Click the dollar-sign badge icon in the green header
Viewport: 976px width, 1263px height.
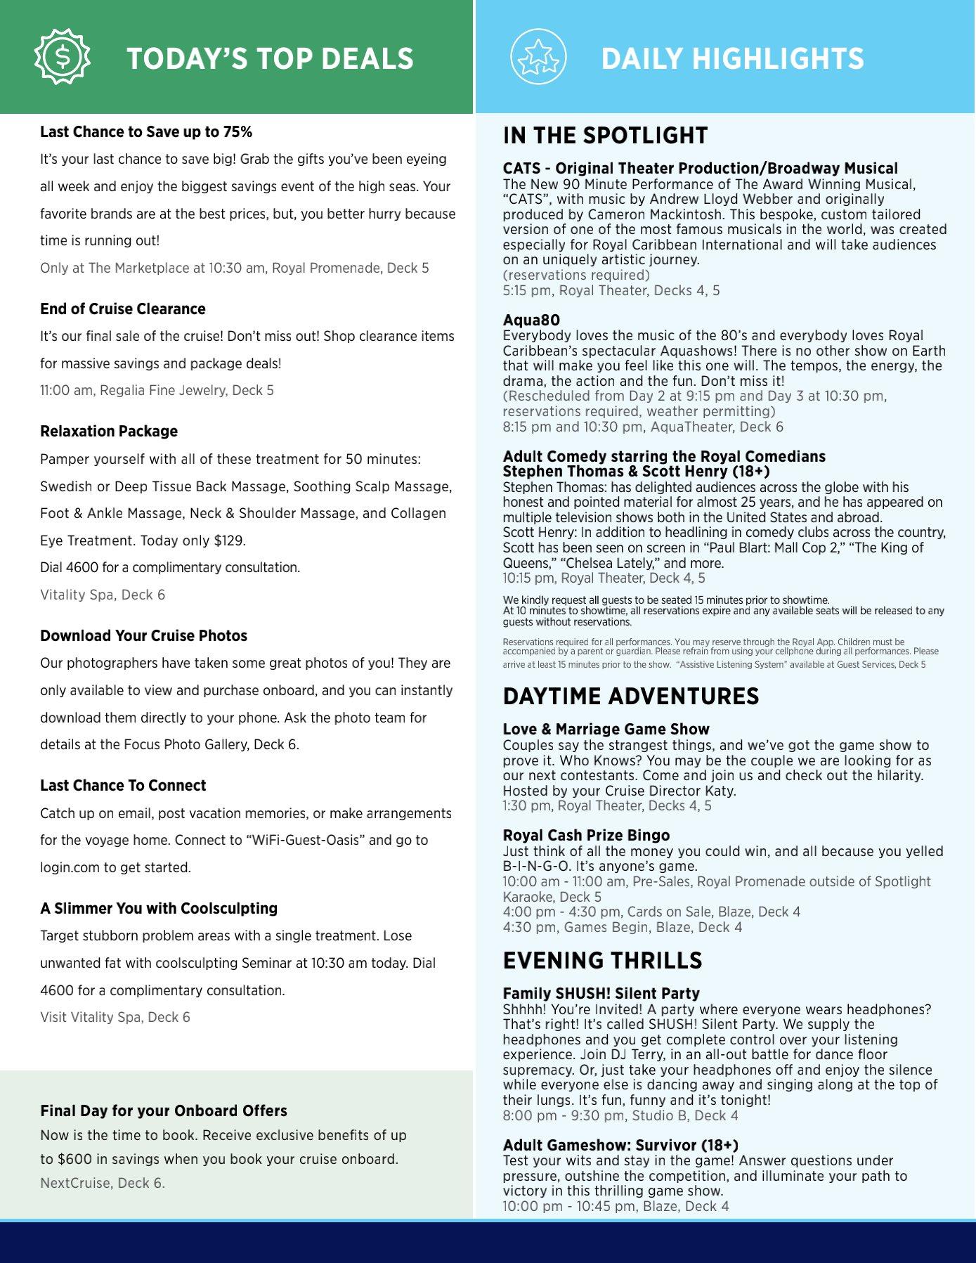coord(63,58)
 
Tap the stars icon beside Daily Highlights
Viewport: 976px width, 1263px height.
coord(538,58)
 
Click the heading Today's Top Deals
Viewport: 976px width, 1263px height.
coord(270,59)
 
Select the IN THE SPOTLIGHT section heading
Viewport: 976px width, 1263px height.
coord(605,135)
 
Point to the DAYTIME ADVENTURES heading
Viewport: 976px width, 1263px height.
coord(630,696)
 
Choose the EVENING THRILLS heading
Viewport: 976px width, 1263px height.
coord(602,960)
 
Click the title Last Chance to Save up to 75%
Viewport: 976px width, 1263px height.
coord(146,132)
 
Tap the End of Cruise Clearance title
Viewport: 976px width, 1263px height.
coord(123,309)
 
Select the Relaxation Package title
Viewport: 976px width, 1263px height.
coord(109,432)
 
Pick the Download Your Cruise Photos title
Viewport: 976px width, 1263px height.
coord(143,636)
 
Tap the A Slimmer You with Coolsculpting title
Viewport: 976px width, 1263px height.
coord(159,909)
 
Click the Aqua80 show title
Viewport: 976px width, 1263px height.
coord(531,320)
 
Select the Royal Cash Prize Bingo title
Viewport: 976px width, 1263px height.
coord(586,836)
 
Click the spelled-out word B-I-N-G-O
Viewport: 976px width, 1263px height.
coord(536,866)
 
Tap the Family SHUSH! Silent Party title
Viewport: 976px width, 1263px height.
coord(601,994)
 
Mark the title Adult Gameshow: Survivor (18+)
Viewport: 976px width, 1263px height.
coord(620,1146)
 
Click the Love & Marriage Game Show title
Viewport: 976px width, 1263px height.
coord(606,730)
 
